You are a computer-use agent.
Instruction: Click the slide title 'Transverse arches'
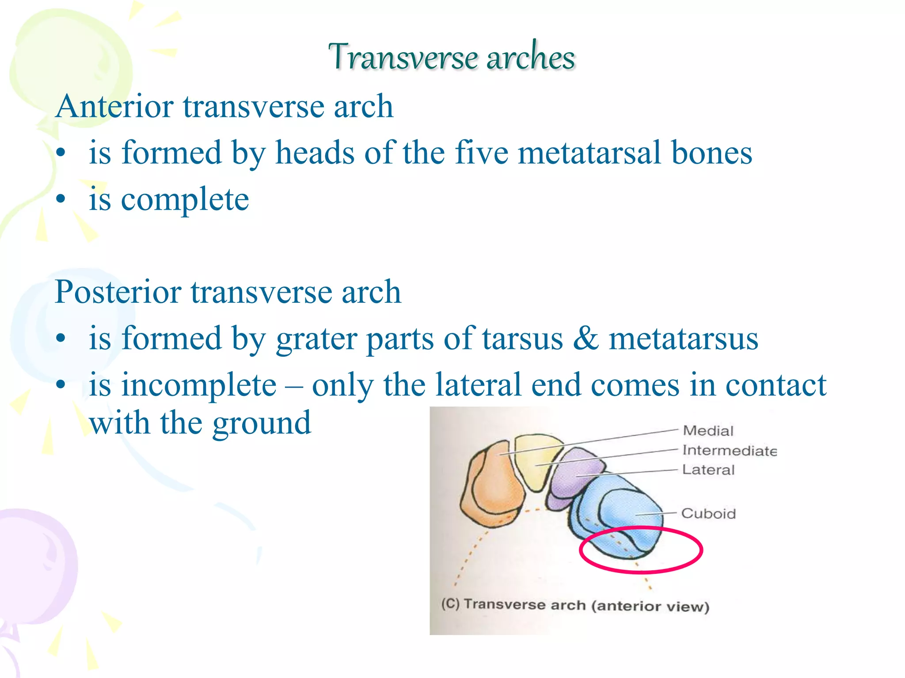pyautogui.click(x=452, y=57)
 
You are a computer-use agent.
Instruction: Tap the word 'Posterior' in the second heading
pyautogui.click(x=118, y=292)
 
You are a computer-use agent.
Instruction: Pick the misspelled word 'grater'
pyautogui.click(x=316, y=339)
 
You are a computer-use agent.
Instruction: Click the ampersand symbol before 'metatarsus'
pyautogui.click(x=586, y=339)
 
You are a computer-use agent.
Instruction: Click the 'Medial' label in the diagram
pyautogui.click(x=708, y=431)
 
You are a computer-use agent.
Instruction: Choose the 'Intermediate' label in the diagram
pyautogui.click(x=729, y=451)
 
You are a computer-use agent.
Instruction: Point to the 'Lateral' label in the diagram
pyautogui.click(x=708, y=470)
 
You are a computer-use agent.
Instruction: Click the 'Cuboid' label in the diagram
pyautogui.click(x=708, y=514)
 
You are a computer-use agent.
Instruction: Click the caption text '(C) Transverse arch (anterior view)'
pyautogui.click(x=575, y=605)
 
